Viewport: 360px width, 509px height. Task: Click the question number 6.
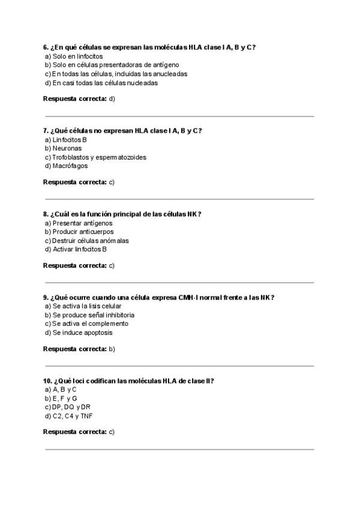point(46,47)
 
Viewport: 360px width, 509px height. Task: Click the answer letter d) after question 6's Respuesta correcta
point(112,98)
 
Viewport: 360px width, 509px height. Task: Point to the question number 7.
point(46,130)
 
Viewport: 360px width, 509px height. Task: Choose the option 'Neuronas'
point(67,148)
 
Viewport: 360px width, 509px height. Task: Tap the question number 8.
point(46,214)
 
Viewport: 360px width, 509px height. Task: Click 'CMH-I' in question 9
point(187,297)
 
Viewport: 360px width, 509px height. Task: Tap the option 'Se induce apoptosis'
point(82,333)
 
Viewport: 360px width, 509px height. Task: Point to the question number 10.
point(47,381)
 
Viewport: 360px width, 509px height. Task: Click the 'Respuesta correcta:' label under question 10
point(75,432)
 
